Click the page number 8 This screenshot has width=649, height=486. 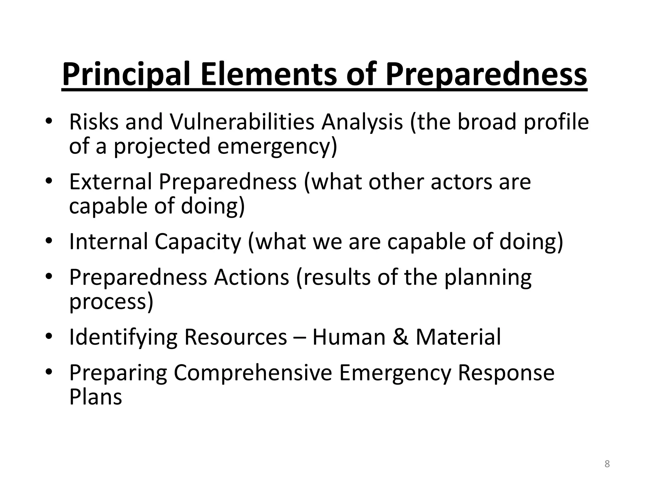(607, 464)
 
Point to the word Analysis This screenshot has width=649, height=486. (362, 122)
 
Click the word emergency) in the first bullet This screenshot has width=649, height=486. (277, 146)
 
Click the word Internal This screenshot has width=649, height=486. (108, 241)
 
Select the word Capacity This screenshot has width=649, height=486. (198, 241)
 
